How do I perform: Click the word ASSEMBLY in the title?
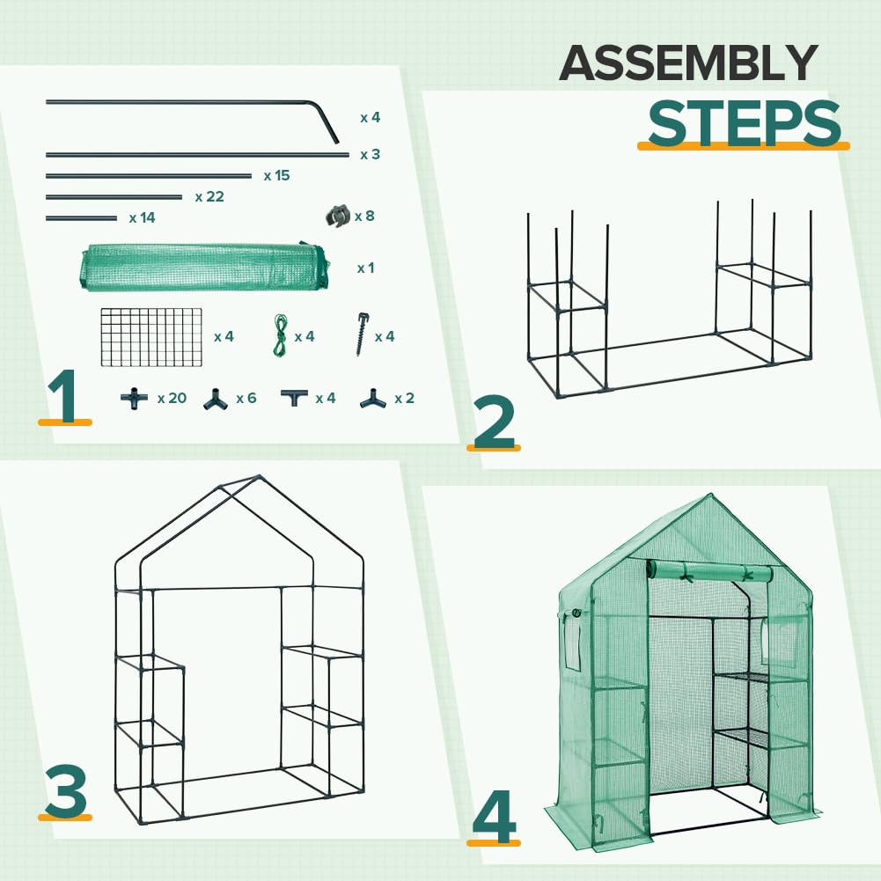click(688, 63)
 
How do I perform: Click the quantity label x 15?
click(276, 176)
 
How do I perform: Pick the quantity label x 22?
click(209, 197)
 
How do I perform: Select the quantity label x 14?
click(142, 217)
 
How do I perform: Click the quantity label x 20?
click(172, 399)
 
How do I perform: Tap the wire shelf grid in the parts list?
click(151, 337)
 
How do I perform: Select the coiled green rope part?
click(281, 336)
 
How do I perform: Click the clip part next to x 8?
click(337, 216)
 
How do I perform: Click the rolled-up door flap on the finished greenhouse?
click(708, 573)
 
